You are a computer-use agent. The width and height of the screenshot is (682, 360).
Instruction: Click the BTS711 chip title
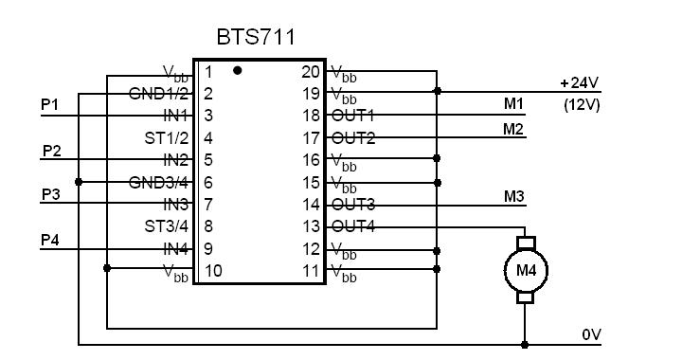coord(256,37)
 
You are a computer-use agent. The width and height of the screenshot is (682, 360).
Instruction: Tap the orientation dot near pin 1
coord(237,70)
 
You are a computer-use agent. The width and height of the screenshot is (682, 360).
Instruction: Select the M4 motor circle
coord(526,270)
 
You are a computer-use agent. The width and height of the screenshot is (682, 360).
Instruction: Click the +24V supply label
coord(580,82)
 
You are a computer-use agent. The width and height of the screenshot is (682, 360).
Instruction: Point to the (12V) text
coord(582,105)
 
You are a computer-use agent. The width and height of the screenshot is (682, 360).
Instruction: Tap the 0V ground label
coord(591,334)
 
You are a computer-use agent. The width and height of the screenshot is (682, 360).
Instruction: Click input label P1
coord(49,104)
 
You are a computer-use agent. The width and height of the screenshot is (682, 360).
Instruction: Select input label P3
coord(51,194)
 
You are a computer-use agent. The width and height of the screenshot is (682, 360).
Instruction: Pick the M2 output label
coord(513,129)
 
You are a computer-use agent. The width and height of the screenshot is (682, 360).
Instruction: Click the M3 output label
coord(514,196)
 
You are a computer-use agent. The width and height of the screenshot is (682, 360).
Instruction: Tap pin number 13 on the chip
coord(311,226)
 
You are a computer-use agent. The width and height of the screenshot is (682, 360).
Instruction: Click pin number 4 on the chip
coord(208,137)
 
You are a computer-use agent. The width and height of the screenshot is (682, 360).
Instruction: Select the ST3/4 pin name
coord(167,226)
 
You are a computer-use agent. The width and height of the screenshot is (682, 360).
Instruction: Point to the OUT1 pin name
coord(352,116)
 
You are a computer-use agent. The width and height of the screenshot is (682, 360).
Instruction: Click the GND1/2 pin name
coord(159,94)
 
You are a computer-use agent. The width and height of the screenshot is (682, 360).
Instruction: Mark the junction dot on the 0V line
coord(525,345)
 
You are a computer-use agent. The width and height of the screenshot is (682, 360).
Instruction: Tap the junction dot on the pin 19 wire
coord(438,91)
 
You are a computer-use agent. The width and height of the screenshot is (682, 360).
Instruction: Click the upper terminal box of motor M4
coord(526,243)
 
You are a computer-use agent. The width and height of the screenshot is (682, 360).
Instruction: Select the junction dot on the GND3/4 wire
coord(79,182)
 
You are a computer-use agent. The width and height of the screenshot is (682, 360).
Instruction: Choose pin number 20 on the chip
coord(311,72)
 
